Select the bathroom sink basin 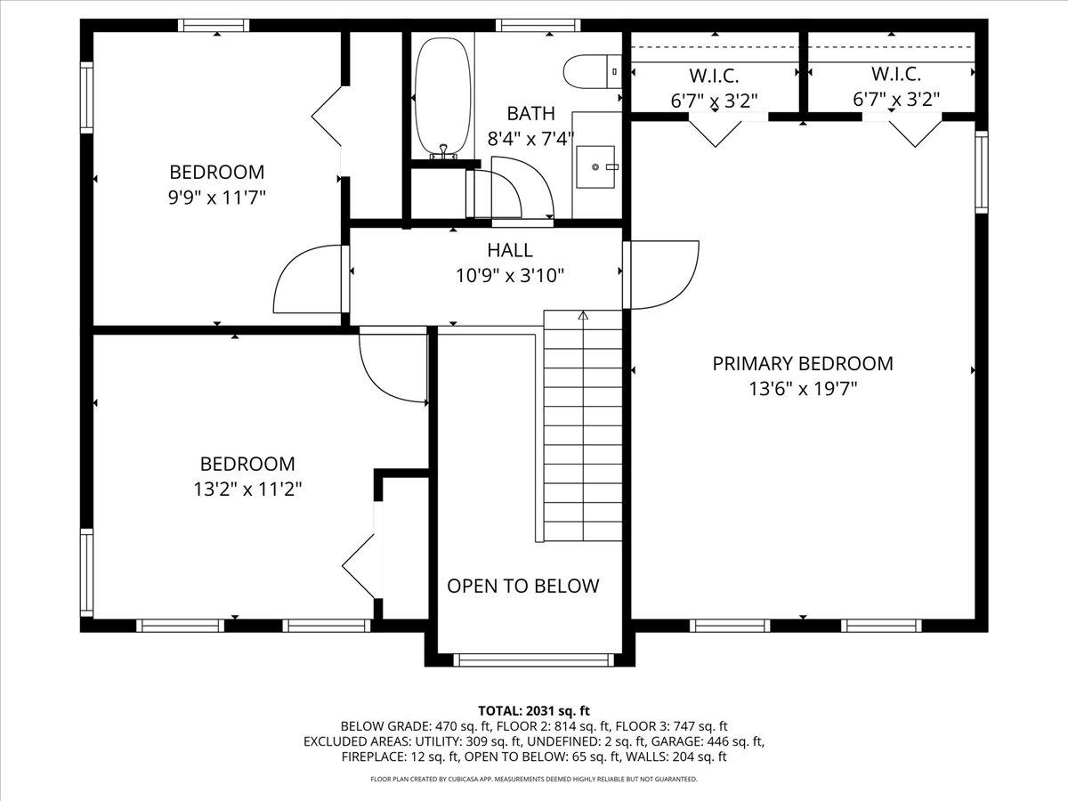coord(595,166)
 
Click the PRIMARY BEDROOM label coord(802,363)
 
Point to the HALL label coord(510,250)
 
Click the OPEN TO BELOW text coord(522,586)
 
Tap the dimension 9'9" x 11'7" coord(217,197)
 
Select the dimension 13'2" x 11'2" coord(247,489)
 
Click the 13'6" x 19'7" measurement coord(802,389)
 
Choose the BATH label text coord(530,113)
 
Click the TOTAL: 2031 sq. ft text coord(534,710)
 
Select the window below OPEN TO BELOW coord(533,659)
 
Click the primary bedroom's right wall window coord(981,171)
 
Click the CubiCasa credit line coord(534,780)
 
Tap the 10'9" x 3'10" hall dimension coord(510,276)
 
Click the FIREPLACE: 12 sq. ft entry coord(400,757)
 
